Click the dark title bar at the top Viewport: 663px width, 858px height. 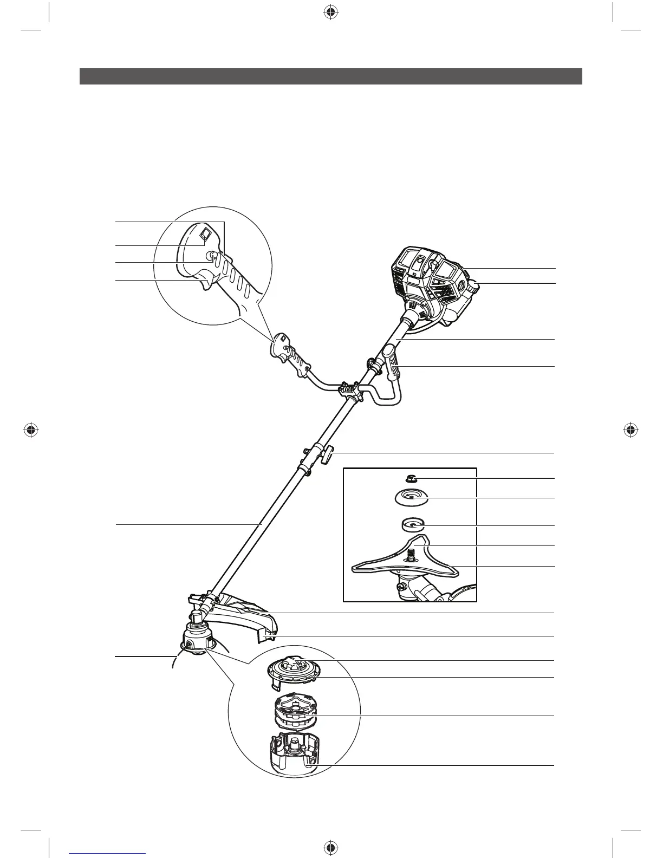tap(330, 76)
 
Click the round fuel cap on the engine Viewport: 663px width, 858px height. tap(473, 285)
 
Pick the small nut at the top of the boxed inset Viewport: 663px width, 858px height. tap(411, 478)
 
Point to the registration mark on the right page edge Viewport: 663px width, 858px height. tap(629, 430)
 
